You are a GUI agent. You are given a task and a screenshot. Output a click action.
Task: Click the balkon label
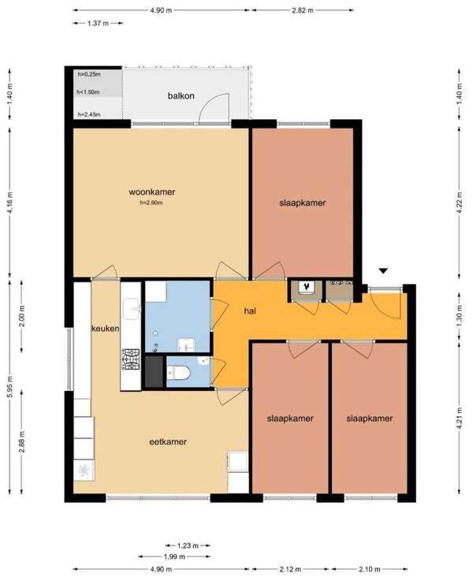point(181,96)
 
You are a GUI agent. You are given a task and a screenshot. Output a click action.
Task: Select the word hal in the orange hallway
point(250,311)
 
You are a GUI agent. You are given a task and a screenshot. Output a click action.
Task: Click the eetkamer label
point(168,441)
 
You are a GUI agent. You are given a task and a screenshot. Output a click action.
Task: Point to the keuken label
point(106,328)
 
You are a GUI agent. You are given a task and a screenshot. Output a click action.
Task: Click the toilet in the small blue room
point(178,373)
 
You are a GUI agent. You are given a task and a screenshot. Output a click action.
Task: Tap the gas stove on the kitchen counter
point(131,359)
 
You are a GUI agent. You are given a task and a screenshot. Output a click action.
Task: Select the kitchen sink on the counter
point(132,309)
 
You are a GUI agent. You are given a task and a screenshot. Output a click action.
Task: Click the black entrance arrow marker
point(384,271)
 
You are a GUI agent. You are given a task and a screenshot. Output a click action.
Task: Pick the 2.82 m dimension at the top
point(303,10)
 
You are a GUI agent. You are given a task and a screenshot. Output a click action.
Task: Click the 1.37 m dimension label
point(98,23)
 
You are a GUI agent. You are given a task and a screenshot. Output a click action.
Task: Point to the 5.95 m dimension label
point(10,387)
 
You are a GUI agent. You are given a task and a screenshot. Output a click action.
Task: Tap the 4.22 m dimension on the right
point(459,203)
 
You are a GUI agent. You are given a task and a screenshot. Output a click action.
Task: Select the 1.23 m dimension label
point(188,545)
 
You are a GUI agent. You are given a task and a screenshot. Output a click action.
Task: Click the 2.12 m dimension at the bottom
point(290,569)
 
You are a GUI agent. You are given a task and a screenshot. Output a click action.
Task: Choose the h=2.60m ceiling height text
point(151,203)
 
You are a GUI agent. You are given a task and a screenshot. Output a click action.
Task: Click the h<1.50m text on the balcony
point(88,92)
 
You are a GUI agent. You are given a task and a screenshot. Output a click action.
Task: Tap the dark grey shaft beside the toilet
point(154,371)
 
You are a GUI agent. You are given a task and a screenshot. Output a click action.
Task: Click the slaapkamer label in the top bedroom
point(303,203)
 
